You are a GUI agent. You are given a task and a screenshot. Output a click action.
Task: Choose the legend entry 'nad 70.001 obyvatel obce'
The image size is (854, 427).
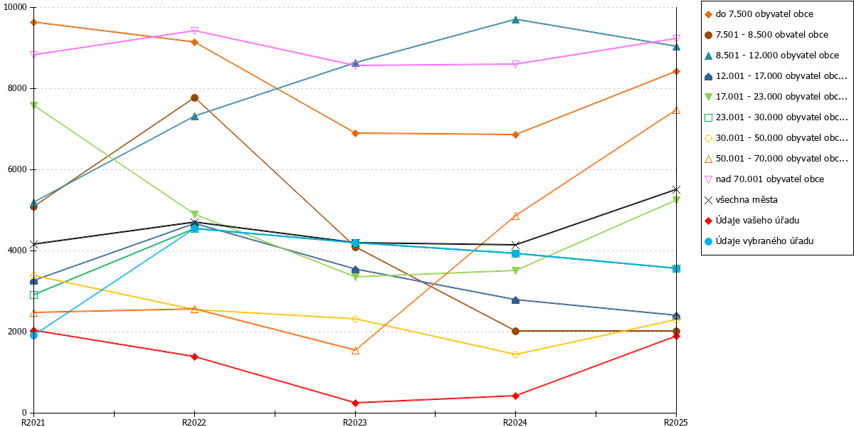point(764,179)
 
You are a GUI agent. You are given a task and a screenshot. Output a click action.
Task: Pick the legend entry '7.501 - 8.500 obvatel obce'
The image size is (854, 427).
point(766,35)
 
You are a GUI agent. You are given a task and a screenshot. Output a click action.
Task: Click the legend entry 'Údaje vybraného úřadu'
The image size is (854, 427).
point(759,241)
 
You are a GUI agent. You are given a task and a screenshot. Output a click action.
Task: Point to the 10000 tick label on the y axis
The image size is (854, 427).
point(15,7)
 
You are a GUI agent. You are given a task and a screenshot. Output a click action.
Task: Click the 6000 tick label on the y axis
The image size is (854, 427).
point(17,169)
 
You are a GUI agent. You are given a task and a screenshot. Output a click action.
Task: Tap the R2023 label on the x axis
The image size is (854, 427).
point(355,422)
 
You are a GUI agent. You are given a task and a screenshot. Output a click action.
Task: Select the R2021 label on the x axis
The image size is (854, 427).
point(33,422)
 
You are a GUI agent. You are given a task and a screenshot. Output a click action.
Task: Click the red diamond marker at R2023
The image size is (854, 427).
point(355,403)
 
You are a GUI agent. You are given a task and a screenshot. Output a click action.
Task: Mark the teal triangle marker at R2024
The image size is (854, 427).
point(515,19)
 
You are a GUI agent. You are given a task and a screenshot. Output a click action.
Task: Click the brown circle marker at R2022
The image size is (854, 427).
point(194,98)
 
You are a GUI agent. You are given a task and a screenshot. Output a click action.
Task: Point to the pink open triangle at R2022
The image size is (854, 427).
point(194,31)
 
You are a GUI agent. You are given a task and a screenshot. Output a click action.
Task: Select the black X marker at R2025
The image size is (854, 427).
point(676,189)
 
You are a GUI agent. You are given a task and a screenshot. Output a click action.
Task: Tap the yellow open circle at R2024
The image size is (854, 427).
point(515,354)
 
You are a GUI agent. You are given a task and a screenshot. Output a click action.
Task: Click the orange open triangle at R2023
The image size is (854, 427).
point(355,350)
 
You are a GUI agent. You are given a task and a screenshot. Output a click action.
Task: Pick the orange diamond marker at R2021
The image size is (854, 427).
point(33,23)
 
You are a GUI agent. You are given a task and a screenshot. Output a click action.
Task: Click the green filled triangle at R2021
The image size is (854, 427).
point(33,105)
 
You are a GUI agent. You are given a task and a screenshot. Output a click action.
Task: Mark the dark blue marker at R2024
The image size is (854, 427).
point(515,300)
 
